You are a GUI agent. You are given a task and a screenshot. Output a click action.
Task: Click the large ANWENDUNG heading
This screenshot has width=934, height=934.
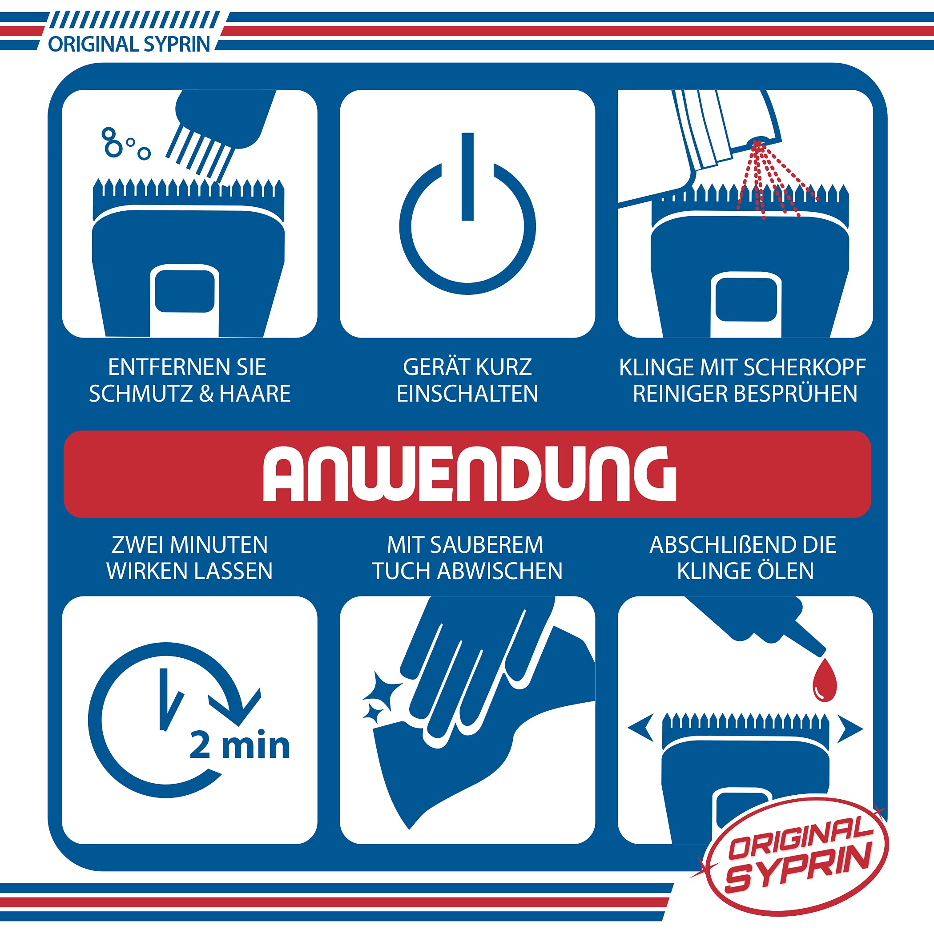coord(469,473)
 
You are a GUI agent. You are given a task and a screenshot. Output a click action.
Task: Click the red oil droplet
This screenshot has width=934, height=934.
coord(824,680)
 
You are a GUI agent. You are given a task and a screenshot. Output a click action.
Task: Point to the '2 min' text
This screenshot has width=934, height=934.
coord(240,745)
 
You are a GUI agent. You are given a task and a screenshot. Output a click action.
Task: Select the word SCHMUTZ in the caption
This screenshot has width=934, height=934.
coord(141,394)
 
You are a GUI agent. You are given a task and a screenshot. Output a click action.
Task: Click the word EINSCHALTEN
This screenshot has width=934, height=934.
coord(467,394)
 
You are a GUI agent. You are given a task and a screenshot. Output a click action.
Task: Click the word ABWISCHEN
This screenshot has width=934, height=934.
coord(500,571)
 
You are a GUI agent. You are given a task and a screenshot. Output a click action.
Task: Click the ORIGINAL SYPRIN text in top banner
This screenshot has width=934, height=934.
coord(129,44)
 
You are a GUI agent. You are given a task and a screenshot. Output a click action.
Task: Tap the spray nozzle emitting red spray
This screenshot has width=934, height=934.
coord(757,143)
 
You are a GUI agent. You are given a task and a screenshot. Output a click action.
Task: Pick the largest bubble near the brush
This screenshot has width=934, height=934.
coord(113,149)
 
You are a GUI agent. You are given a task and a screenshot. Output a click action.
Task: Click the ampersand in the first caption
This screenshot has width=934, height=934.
coord(206,394)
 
